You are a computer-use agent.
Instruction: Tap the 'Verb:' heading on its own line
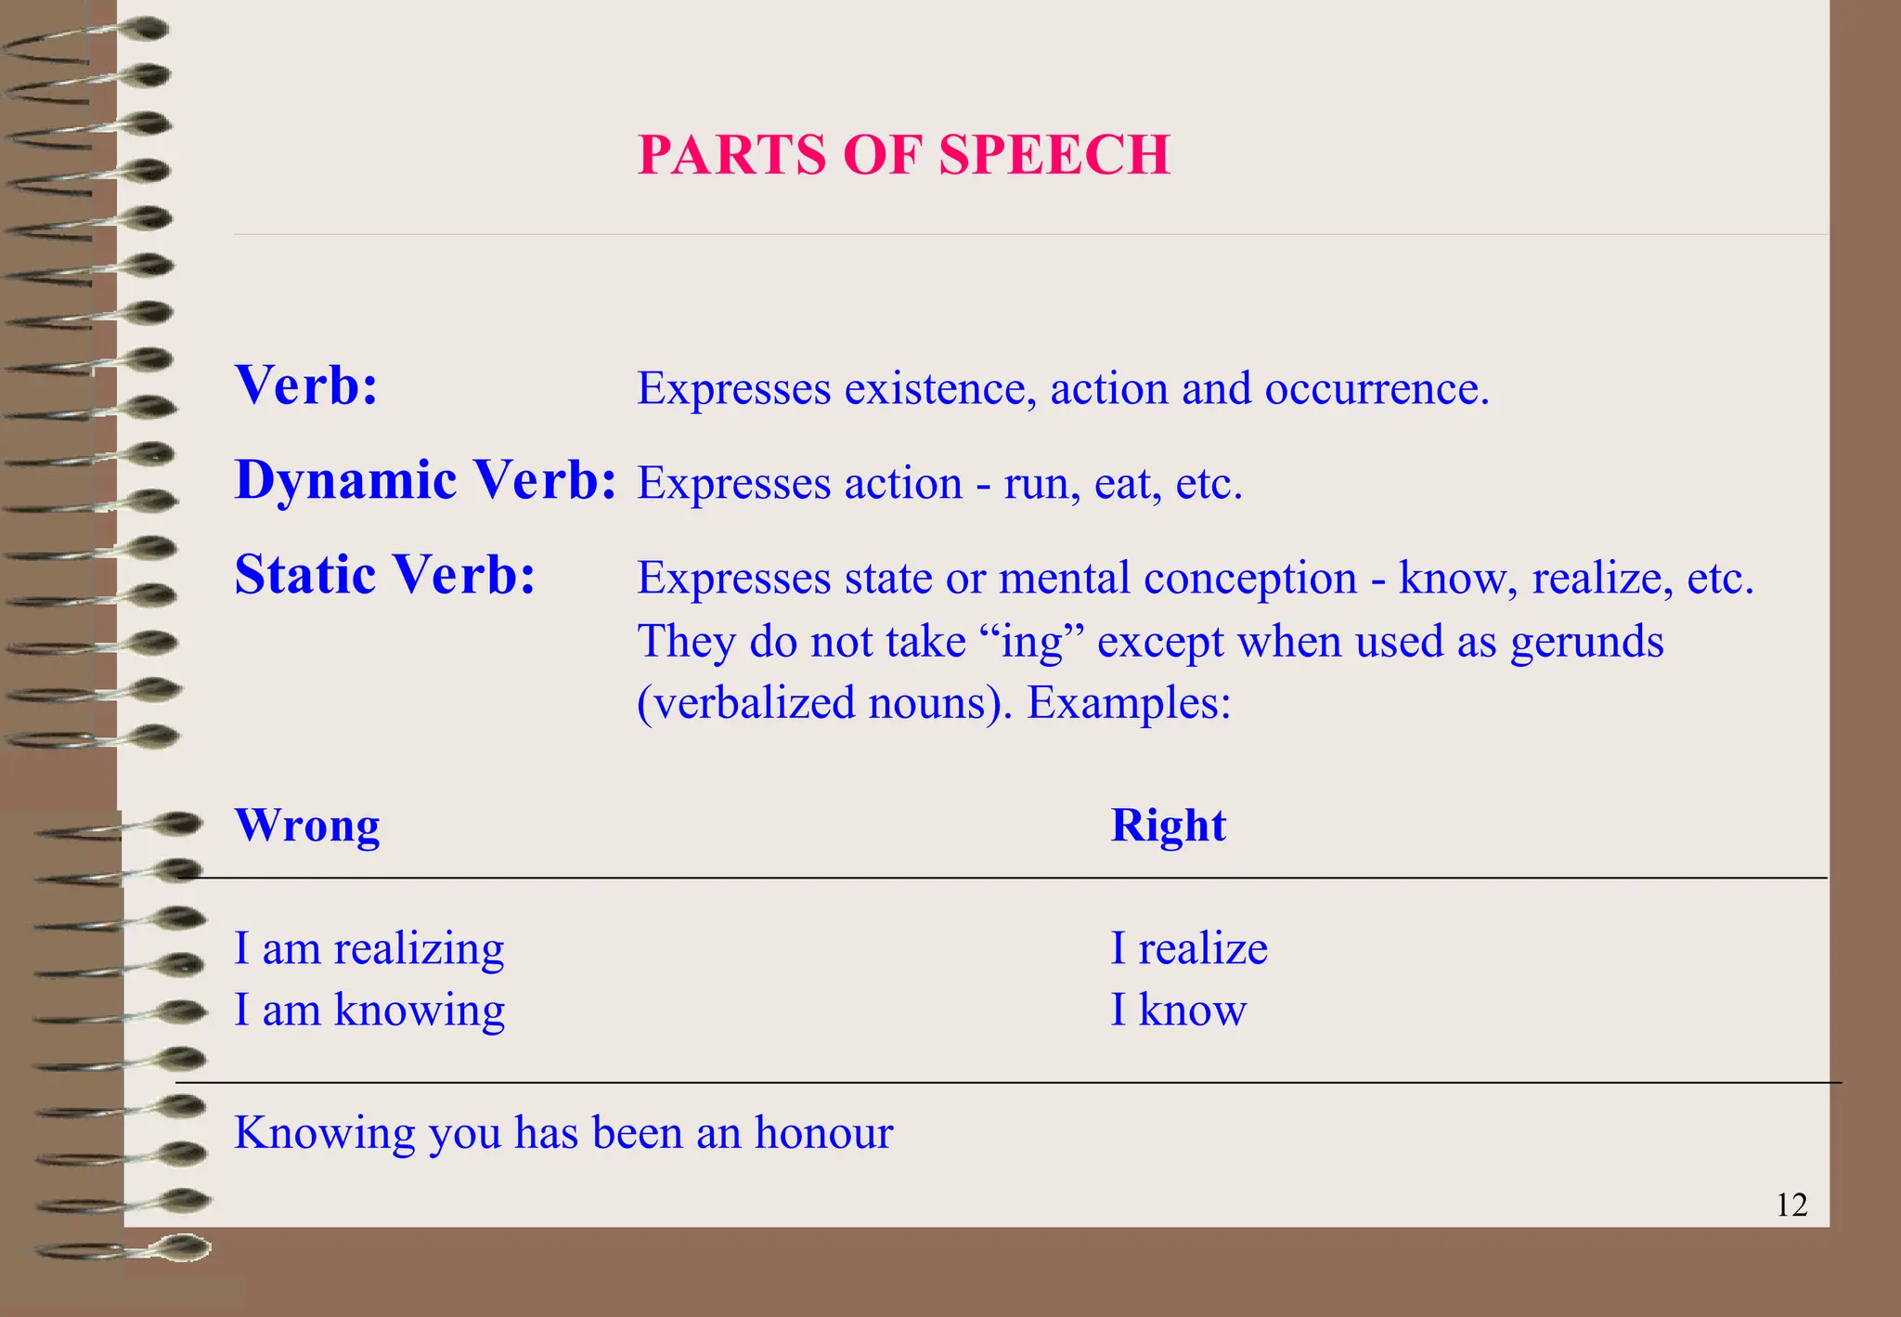[306, 385]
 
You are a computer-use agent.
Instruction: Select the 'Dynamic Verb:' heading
[425, 480]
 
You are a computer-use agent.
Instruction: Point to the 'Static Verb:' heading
[385, 574]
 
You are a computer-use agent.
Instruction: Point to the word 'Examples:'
[1129, 703]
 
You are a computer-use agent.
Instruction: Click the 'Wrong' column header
[307, 825]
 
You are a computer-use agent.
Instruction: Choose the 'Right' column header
[1168, 825]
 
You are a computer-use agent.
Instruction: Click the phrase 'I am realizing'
[369, 949]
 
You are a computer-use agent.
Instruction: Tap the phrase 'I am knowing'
[369, 1010]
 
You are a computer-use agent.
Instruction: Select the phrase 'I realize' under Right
[1189, 949]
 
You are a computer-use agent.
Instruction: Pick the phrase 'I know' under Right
[1179, 1010]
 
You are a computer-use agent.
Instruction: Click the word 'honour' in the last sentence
[822, 1132]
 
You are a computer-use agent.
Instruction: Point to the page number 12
[1791, 1205]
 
